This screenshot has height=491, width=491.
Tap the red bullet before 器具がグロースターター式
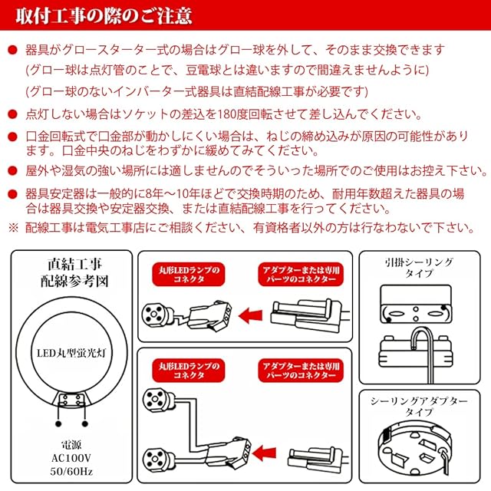pyautogui.click(x=12, y=51)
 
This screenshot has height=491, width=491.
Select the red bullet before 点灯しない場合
pyautogui.click(x=12, y=116)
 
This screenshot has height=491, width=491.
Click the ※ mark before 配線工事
pyautogui.click(x=13, y=227)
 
